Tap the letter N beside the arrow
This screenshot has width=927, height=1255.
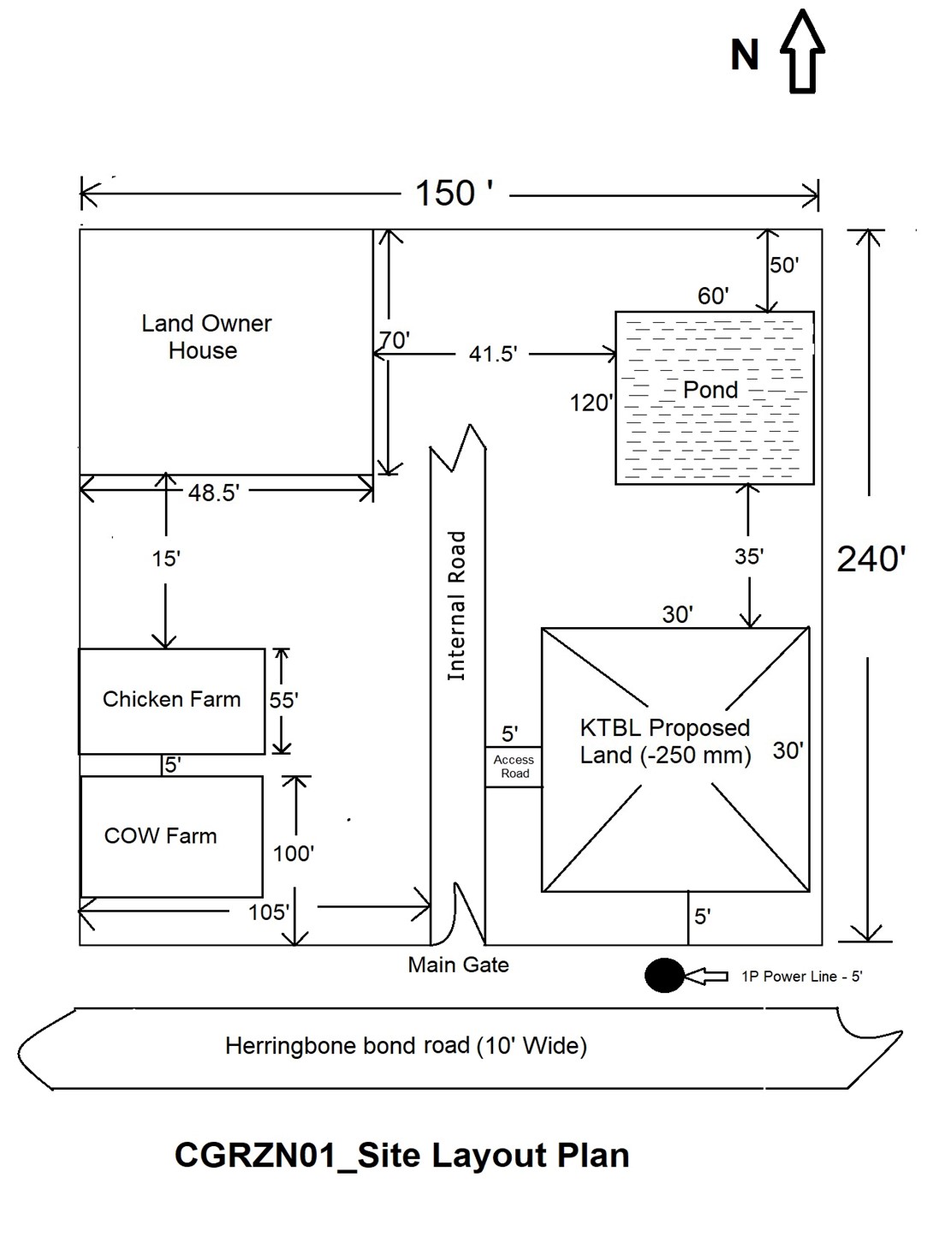click(x=745, y=55)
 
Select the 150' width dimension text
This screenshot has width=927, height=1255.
click(x=454, y=194)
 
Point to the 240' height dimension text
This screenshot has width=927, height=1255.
click(x=871, y=559)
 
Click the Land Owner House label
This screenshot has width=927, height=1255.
click(x=205, y=337)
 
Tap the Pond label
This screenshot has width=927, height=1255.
click(x=710, y=390)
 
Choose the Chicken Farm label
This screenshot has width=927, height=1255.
click(x=171, y=700)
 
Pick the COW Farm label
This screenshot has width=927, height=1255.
click(x=160, y=836)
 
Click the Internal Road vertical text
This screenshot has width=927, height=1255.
click(x=457, y=606)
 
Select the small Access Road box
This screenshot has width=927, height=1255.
click(x=514, y=767)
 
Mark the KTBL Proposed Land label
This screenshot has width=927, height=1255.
click(x=665, y=741)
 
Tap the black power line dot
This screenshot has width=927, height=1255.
click(x=664, y=975)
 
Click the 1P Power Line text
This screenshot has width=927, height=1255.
click(x=801, y=977)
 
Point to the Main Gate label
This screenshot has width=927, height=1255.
click(x=458, y=965)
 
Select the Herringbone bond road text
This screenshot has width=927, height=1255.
click(x=406, y=1046)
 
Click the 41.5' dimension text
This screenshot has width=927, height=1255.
click(x=492, y=354)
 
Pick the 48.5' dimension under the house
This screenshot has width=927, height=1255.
click(x=213, y=493)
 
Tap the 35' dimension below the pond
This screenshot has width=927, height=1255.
click(x=748, y=557)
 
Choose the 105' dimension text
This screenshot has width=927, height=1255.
click(x=269, y=912)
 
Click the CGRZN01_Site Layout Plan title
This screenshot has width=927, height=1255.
click(x=401, y=1156)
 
